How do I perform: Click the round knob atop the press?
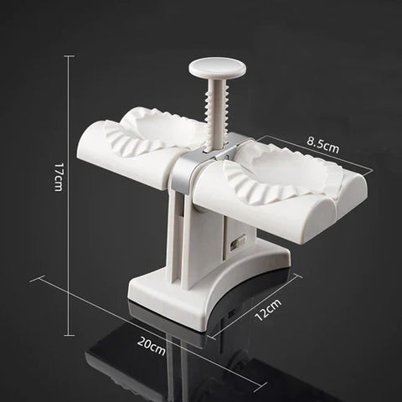[213, 66]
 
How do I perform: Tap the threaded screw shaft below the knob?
[215, 117]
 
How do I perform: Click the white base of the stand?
[201, 289]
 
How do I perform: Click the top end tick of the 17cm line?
[70, 56]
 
